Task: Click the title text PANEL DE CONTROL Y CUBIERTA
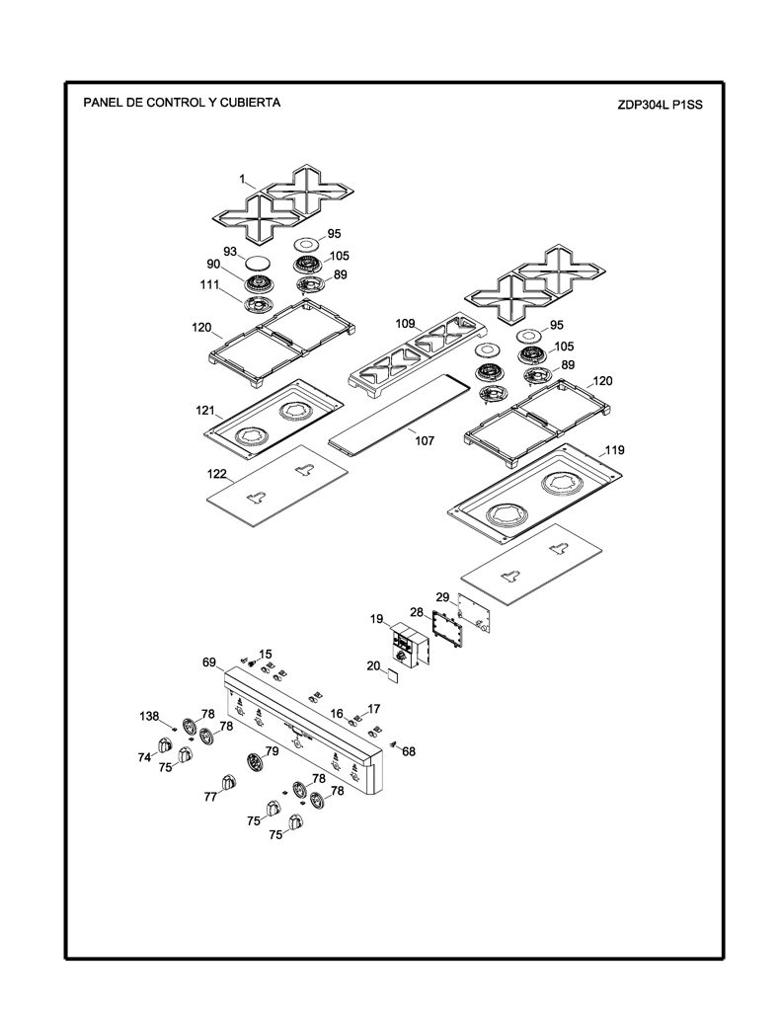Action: tap(182, 103)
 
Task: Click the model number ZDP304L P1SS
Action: tap(660, 105)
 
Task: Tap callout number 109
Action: tap(405, 324)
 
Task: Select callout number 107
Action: tap(425, 441)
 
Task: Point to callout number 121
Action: tap(205, 410)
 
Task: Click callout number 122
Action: tap(216, 474)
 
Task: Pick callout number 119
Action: tap(614, 450)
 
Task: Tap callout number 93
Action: tap(230, 252)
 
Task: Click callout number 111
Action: tap(209, 285)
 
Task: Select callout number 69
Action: tap(209, 662)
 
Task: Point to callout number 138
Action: tap(149, 716)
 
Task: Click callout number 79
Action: tap(272, 750)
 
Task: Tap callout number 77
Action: tap(210, 797)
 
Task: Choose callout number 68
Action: tap(409, 751)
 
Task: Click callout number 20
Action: tap(373, 665)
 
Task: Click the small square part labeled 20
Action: tap(392, 674)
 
